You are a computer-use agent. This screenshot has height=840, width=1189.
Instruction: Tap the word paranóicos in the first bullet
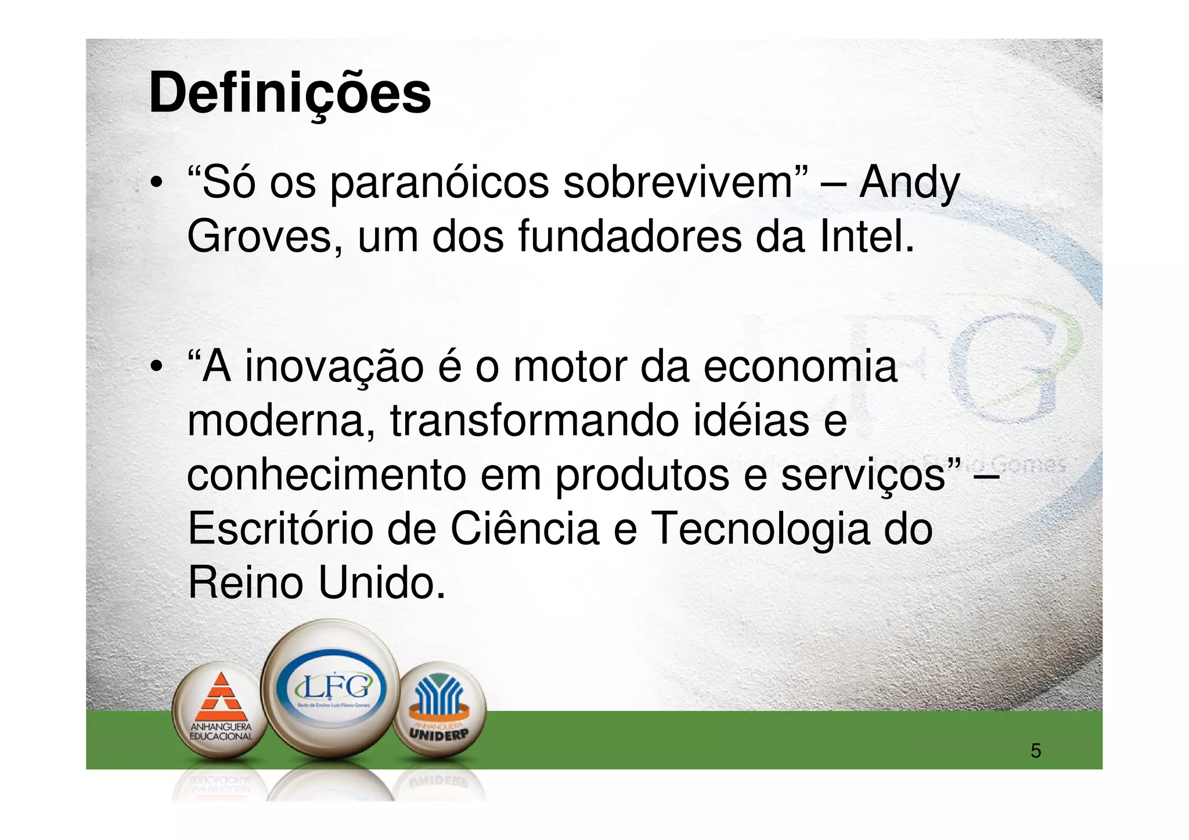coord(439,183)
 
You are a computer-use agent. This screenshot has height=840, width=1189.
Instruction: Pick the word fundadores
coord(629,237)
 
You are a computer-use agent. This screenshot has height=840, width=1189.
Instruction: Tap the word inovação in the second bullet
coord(334,368)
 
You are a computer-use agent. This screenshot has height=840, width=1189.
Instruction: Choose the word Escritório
coord(280,528)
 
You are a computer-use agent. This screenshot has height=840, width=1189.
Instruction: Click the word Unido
coord(382,583)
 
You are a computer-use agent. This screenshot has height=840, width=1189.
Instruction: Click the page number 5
coord(1036,751)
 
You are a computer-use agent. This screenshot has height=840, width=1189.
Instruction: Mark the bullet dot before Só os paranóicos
coord(156,184)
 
